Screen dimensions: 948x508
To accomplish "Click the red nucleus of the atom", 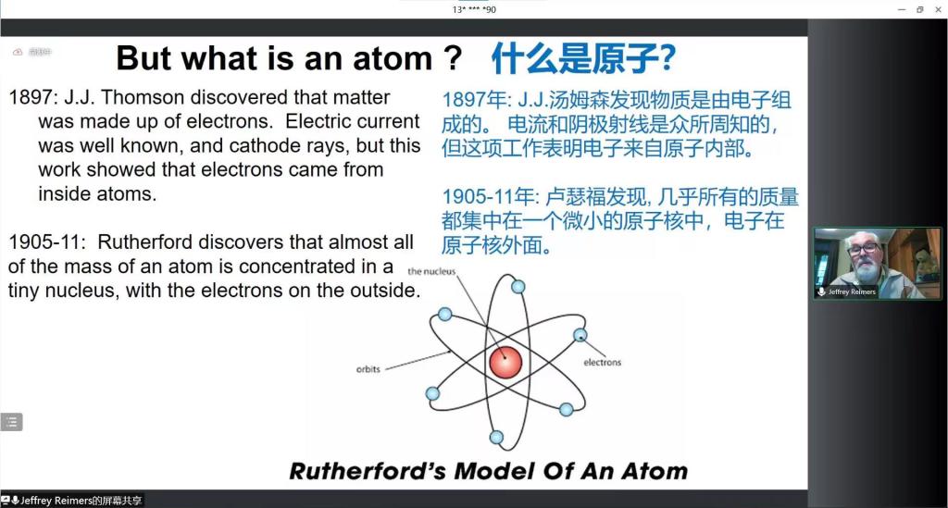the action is [505, 362].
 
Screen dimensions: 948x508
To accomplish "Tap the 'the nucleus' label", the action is [431, 271].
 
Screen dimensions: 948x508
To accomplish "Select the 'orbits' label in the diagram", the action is [368, 368].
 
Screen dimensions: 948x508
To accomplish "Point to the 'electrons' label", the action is [602, 362].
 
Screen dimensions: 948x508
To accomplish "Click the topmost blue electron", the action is [518, 286].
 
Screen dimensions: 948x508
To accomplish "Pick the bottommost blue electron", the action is [496, 438].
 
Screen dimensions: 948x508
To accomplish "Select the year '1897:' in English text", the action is [33, 97].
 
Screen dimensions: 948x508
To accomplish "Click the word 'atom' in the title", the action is [393, 58].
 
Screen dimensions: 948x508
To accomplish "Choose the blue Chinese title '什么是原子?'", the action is [583, 58].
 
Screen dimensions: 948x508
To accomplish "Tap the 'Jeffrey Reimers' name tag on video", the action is [847, 291].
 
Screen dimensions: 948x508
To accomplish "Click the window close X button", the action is [938, 9].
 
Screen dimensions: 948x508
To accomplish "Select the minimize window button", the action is [902, 9].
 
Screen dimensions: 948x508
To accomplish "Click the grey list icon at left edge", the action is [11, 422].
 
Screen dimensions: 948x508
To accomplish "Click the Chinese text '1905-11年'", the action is [488, 197].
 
